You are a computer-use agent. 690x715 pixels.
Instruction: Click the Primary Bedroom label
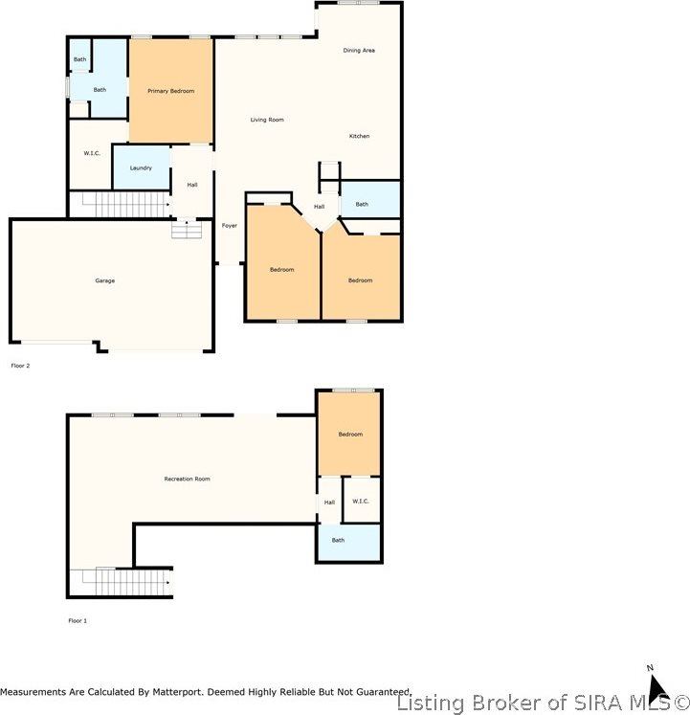click(x=170, y=91)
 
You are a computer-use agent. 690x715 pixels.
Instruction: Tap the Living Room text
click(x=267, y=120)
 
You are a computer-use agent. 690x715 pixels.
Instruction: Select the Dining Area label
click(x=359, y=50)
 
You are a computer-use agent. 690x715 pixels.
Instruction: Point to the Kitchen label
click(x=359, y=136)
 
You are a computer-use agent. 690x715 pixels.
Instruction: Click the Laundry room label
click(x=141, y=168)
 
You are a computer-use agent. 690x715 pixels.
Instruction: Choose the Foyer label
click(x=230, y=225)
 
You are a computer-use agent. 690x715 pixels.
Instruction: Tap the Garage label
click(x=104, y=280)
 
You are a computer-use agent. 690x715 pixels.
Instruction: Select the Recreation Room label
click(x=187, y=479)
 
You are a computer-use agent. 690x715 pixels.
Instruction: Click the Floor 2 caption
click(x=20, y=366)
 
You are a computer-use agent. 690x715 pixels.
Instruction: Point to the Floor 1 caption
click(x=77, y=621)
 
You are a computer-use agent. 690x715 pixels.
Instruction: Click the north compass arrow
click(x=657, y=686)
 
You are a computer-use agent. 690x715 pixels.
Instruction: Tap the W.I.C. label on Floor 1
click(x=361, y=501)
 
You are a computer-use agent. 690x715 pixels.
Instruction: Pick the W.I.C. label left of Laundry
click(x=92, y=153)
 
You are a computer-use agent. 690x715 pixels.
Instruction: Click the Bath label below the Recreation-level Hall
click(x=338, y=540)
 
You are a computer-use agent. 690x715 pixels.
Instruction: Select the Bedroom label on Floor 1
click(x=350, y=435)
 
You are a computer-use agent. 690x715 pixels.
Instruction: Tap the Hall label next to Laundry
click(x=192, y=185)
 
